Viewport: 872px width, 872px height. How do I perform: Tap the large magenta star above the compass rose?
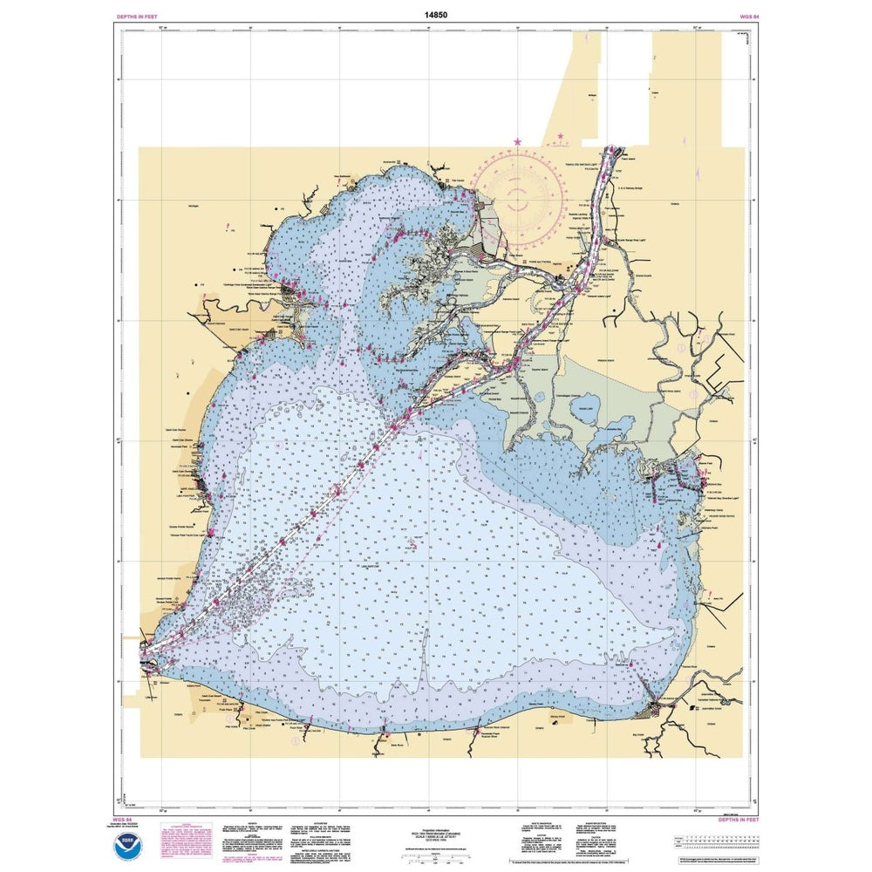pyautogui.click(x=517, y=141)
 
